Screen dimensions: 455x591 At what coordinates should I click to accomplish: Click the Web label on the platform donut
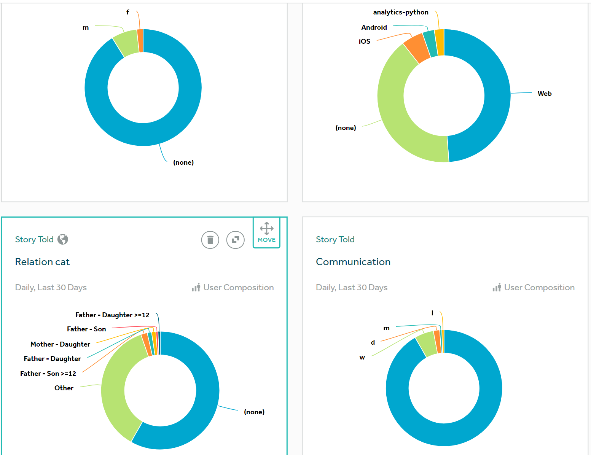(x=544, y=94)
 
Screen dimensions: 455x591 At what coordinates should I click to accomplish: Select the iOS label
(x=364, y=41)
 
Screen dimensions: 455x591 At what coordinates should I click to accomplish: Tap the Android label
(x=374, y=27)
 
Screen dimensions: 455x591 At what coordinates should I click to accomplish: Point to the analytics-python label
(x=400, y=12)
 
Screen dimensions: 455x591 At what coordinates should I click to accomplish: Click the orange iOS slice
(x=416, y=48)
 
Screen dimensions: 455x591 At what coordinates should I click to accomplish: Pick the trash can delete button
(x=210, y=240)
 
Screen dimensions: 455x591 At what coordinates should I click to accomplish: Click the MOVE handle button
(x=266, y=233)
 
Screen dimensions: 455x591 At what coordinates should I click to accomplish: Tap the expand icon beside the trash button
(x=235, y=240)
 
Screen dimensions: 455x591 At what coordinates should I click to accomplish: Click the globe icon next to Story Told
(x=63, y=239)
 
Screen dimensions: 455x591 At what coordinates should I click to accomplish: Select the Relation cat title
(x=42, y=262)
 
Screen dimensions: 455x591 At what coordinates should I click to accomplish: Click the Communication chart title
(x=353, y=262)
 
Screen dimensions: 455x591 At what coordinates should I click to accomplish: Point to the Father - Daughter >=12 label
(x=112, y=315)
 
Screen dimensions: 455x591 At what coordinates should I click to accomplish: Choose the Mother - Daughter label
(x=60, y=344)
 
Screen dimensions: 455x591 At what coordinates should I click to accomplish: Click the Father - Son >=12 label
(x=48, y=374)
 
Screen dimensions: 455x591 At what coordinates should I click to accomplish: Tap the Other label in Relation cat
(x=64, y=388)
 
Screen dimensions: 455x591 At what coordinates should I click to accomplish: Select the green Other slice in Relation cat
(x=114, y=392)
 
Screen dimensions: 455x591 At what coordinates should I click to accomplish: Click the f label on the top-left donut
(x=127, y=12)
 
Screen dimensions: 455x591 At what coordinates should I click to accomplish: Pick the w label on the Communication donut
(x=362, y=358)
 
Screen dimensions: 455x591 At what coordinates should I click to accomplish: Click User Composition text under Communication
(x=539, y=288)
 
